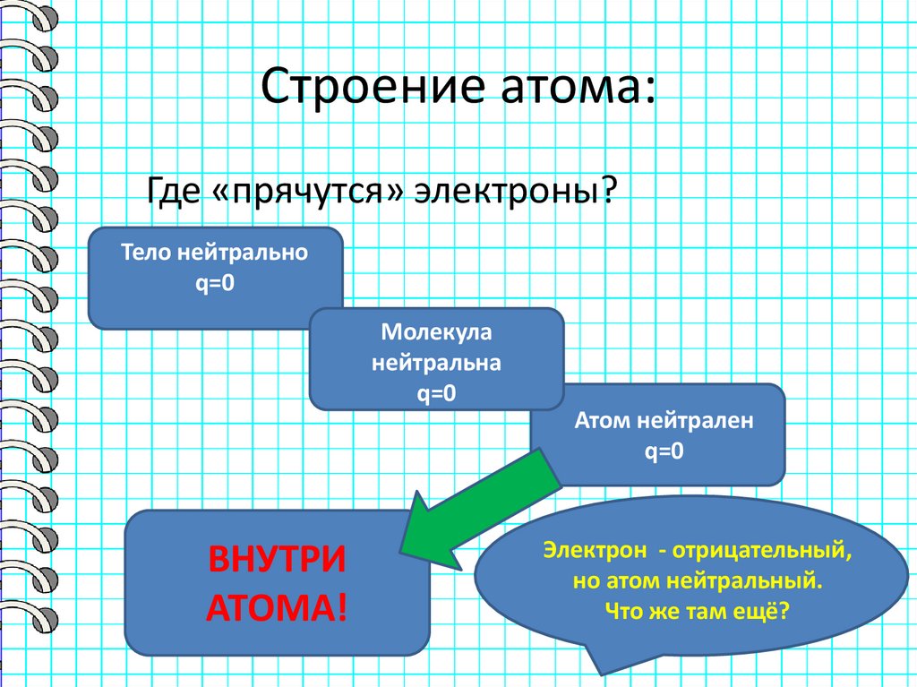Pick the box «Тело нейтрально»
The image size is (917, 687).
(x=215, y=278)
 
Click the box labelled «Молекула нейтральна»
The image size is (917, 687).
(x=436, y=358)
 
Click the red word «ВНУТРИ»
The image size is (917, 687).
(x=277, y=562)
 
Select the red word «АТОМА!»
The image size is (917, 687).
(x=277, y=609)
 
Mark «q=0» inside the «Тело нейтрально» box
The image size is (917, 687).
(x=215, y=284)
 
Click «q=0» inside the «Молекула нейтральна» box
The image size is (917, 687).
(x=436, y=393)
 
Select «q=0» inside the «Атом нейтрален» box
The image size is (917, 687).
(x=664, y=451)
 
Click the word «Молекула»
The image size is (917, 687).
(x=436, y=333)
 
